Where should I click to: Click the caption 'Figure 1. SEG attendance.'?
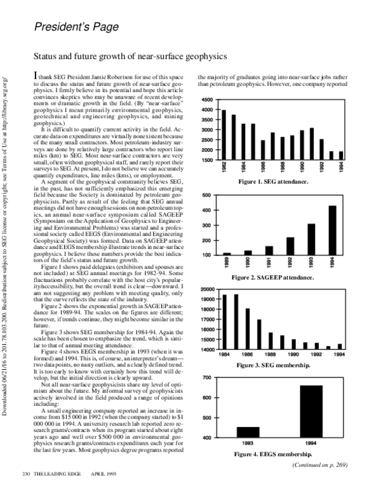[x=273, y=182]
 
